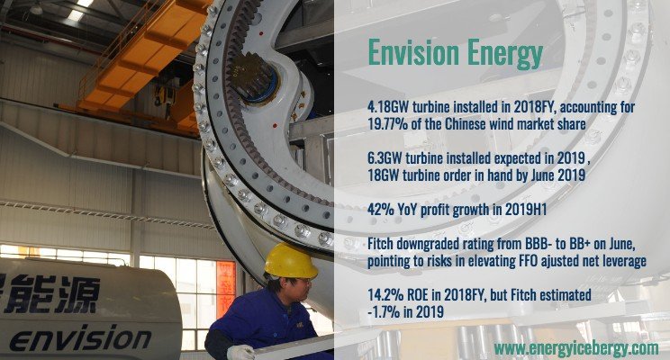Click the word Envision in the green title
pyautogui.click(x=413, y=53)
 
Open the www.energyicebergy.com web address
pyautogui.click(x=576, y=348)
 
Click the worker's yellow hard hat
pyautogui.click(x=291, y=261)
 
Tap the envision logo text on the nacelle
pyautogui.click(x=80, y=338)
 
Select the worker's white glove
pyautogui.click(x=240, y=352)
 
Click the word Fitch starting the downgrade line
pyautogui.click(x=380, y=243)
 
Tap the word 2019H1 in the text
pyautogui.click(x=526, y=210)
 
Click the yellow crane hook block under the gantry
pyautogui.click(x=166, y=94)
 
